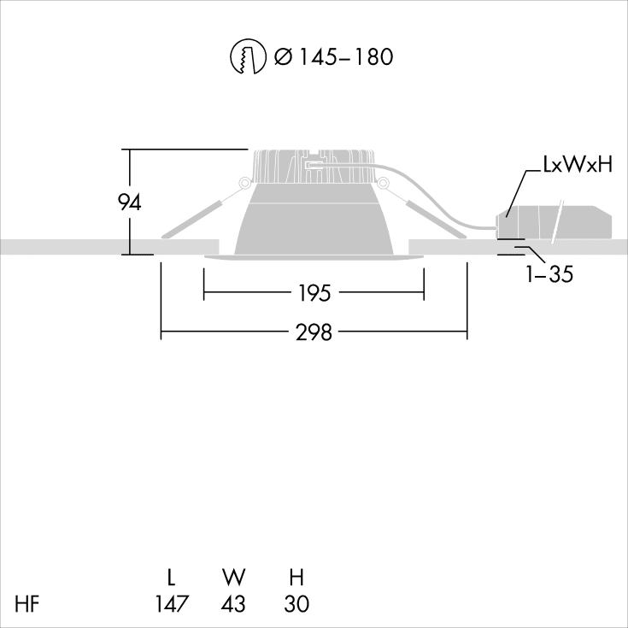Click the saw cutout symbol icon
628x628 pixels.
247,57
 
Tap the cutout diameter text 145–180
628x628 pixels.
333,57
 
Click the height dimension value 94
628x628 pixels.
129,202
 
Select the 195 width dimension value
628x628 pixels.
314,294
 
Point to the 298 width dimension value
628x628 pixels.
314,333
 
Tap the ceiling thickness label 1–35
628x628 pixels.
550,275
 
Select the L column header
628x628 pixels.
172,575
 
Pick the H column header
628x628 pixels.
296,575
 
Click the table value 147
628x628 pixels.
172,604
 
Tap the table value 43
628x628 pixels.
233,604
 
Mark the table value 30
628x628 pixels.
296,604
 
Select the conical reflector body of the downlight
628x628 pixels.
314,222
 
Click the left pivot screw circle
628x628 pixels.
244,182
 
